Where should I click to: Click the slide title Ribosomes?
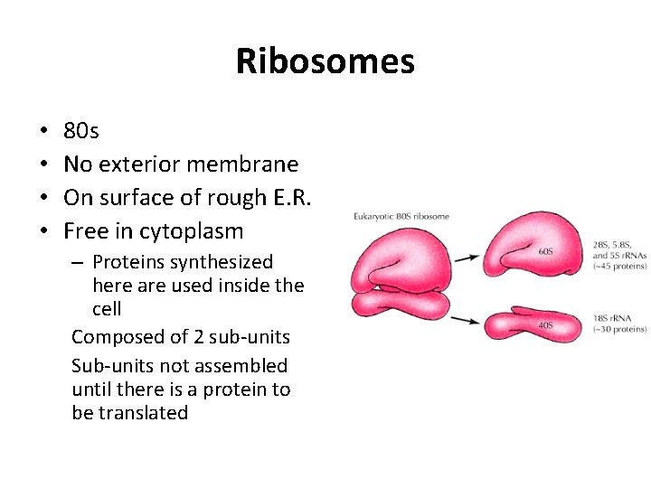tap(325, 61)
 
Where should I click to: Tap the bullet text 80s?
tap(81, 131)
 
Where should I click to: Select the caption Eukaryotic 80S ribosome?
tap(401, 217)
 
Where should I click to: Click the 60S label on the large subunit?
tap(546, 251)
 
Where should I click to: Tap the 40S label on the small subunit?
tap(545, 326)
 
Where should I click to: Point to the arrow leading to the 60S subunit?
tap(467, 258)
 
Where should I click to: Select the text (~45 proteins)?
tap(619, 266)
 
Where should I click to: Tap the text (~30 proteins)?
tap(619, 329)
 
